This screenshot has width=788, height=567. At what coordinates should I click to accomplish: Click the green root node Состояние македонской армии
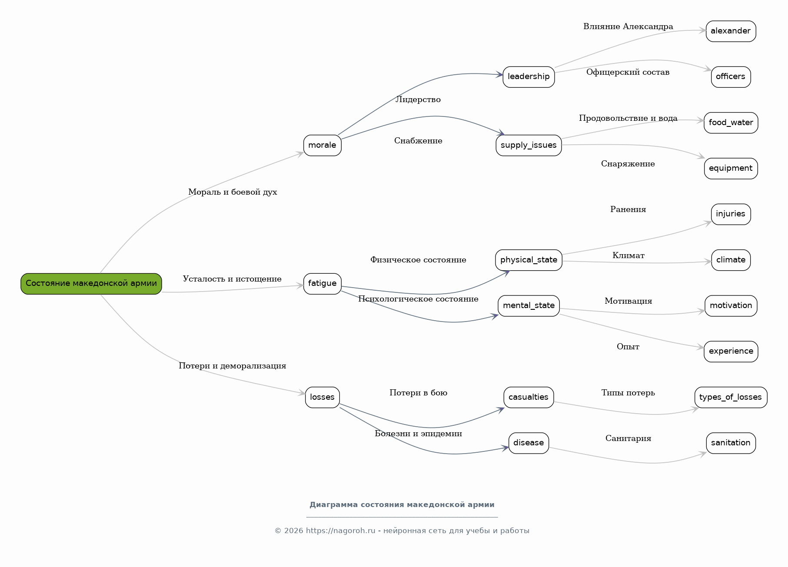point(91,284)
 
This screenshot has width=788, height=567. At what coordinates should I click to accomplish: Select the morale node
point(323,145)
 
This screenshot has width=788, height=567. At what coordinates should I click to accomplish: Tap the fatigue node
point(323,284)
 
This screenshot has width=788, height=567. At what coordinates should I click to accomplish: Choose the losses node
point(323,397)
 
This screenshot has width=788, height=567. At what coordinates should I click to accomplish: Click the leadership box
point(529,77)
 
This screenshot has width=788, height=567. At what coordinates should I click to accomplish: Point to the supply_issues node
point(529,145)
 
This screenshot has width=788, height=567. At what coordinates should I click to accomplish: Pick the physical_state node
point(529,260)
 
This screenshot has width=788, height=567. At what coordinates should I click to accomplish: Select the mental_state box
point(529,305)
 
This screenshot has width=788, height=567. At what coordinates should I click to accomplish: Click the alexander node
point(731,31)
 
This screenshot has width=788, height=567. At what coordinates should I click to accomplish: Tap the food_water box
point(731,123)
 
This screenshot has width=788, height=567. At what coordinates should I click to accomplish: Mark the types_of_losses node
point(731,397)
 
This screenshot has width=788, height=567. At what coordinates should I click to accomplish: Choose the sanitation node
point(731,443)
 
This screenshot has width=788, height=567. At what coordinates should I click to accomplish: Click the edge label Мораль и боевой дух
point(233,192)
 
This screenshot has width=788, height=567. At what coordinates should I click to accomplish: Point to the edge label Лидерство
point(418,99)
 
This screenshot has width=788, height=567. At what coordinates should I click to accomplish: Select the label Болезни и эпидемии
point(418,434)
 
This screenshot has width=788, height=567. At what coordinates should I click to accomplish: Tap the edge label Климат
point(628,255)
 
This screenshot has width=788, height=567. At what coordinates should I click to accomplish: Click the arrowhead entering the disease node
point(505,448)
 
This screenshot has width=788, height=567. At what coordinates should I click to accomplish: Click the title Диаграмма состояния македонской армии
point(402,504)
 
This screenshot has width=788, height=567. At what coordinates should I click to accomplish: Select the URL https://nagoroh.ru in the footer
point(340,531)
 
